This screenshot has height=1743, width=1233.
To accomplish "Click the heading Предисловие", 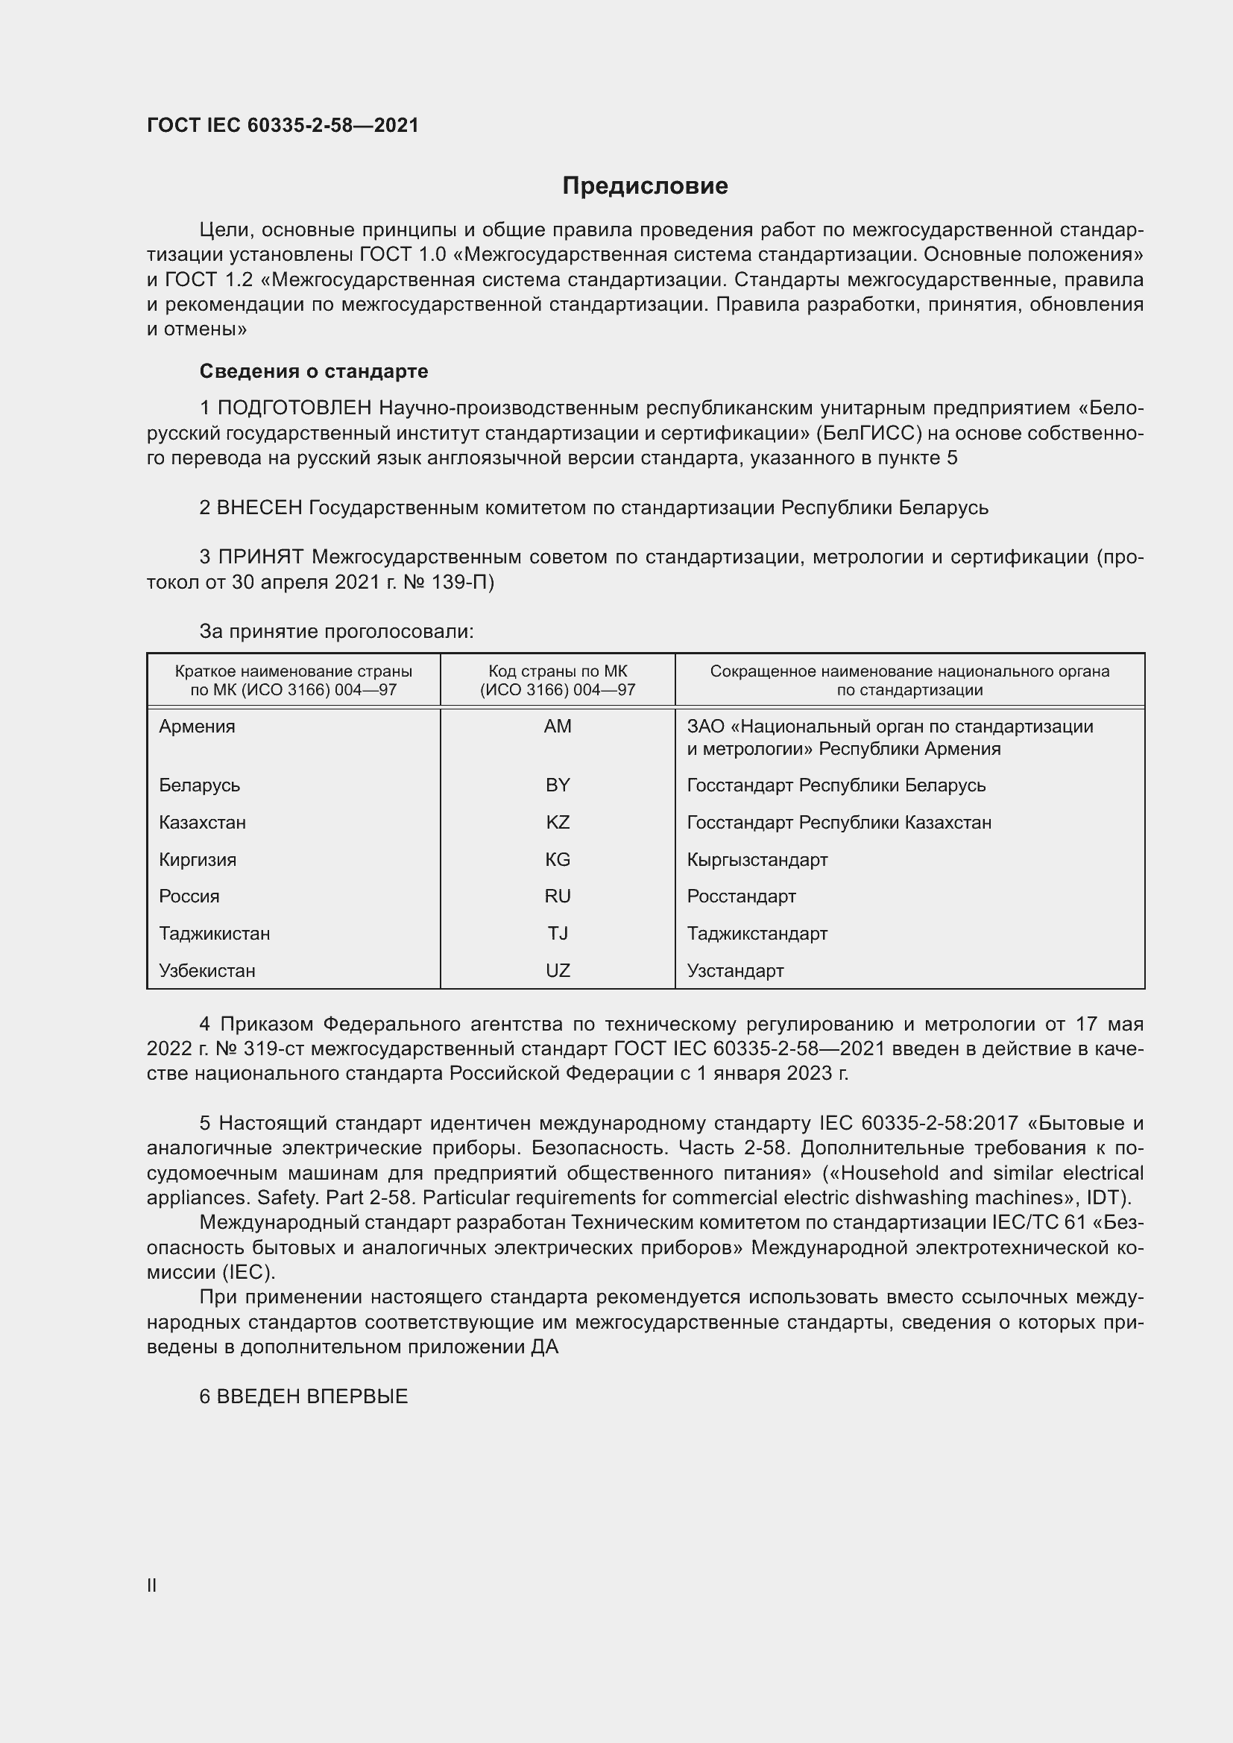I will (x=645, y=186).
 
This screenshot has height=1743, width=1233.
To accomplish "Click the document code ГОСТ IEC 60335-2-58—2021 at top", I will (x=283, y=126).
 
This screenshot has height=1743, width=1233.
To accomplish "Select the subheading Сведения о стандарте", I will (x=314, y=371).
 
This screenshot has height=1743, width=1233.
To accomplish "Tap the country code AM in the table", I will (x=558, y=727).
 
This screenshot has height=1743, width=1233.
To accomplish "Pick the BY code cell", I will (x=558, y=785).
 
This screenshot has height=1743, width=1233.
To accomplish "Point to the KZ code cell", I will (x=558, y=822).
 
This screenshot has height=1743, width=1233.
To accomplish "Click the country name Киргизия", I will (x=198, y=859).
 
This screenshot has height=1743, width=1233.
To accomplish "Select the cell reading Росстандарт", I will (x=741, y=896).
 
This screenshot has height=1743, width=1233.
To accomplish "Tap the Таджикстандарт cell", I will (x=757, y=933).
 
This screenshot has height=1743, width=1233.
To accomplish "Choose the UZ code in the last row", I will (x=558, y=970).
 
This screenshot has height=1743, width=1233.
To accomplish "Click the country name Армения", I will (x=197, y=727).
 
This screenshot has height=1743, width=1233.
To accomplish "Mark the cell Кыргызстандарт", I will (x=757, y=859).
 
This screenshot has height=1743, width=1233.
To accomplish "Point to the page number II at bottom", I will (x=152, y=1585).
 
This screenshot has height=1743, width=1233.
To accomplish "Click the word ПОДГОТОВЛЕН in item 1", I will (x=294, y=408).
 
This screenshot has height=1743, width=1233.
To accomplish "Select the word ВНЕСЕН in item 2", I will (x=259, y=507).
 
